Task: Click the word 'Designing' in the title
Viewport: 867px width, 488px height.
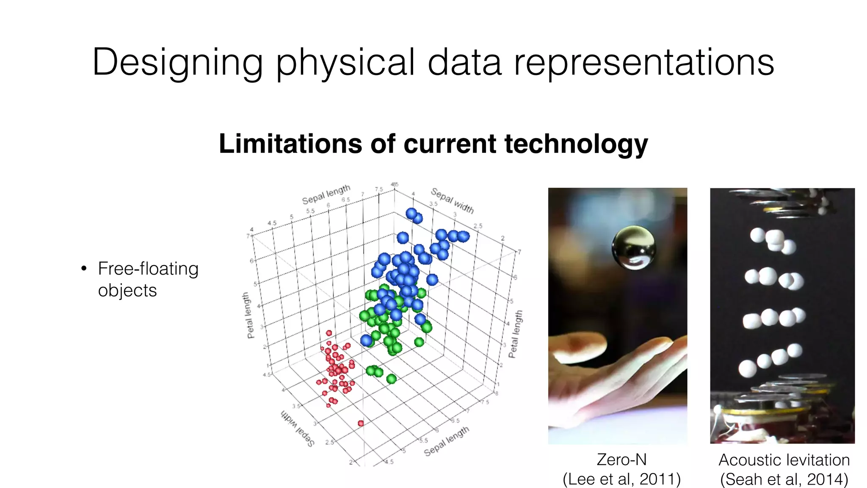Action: tap(177, 63)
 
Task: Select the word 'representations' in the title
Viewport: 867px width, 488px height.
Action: tap(643, 63)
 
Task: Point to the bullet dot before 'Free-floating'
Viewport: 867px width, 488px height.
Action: tap(84, 269)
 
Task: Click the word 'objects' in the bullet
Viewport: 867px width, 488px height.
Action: tap(127, 291)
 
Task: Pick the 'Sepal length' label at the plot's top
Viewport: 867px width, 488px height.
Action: tap(326, 194)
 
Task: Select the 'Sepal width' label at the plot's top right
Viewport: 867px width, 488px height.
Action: tap(452, 200)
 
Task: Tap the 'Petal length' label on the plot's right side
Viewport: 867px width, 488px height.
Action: tap(516, 334)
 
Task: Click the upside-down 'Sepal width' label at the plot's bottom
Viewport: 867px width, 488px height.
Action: tap(298, 428)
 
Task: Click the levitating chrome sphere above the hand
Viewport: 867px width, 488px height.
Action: tap(634, 248)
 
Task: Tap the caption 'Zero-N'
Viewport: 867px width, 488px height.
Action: tap(621, 460)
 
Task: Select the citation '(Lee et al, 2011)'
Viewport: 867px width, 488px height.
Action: tap(621, 479)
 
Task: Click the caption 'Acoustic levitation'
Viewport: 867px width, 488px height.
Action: tap(784, 460)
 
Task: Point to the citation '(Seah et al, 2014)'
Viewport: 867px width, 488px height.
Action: tap(784, 480)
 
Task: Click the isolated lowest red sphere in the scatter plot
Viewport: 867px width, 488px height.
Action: tap(361, 423)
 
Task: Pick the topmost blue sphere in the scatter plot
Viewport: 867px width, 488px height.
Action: tap(411, 213)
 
